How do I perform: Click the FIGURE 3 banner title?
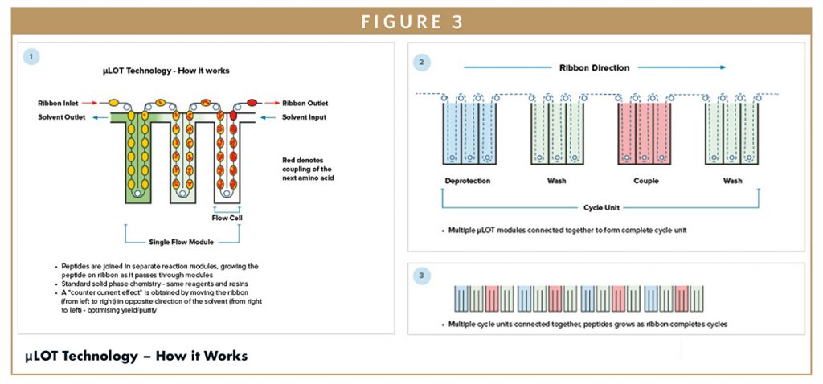tap(411, 22)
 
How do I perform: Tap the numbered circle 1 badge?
tap(31, 56)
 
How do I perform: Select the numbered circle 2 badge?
tap(420, 62)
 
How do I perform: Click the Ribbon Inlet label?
tap(59, 104)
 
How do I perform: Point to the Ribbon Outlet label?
tap(306, 104)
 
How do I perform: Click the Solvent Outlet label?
tap(62, 117)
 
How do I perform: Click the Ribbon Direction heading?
tap(594, 68)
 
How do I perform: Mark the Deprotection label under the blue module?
tap(467, 180)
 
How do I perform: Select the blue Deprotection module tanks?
tap(467, 132)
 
